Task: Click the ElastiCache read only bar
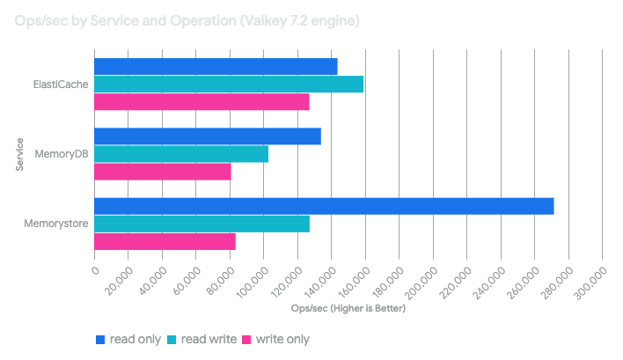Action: tap(216, 67)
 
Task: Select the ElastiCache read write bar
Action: tap(229, 84)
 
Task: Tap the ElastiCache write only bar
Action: tap(202, 102)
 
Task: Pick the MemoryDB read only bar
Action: tap(208, 136)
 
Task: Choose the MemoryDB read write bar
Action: tap(181, 154)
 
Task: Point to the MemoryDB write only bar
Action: tap(163, 172)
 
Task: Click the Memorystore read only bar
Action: tap(324, 206)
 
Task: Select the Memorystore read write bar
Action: tap(202, 224)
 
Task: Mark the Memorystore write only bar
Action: tap(165, 241)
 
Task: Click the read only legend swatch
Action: tap(100, 339)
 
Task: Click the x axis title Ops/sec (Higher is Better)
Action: tap(348, 309)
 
